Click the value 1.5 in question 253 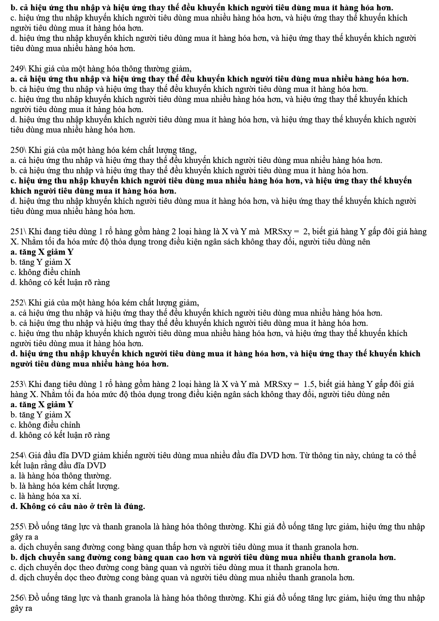(x=309, y=384)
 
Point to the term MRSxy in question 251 (x=278, y=232)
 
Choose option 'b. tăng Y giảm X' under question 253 (x=41, y=415)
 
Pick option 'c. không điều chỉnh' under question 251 (x=45, y=273)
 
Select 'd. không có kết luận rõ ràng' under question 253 (x=60, y=435)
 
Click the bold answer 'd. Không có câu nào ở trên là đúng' (x=78, y=506)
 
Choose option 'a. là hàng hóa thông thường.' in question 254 (x=61, y=476)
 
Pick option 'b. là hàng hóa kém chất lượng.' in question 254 (x=65, y=486)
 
